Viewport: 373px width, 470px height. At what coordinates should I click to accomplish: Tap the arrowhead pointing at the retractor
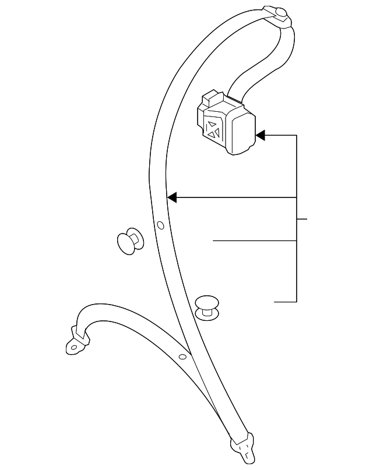261,135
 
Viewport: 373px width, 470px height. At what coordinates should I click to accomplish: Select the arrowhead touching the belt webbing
172,198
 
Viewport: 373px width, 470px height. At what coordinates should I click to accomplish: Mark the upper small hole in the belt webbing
161,225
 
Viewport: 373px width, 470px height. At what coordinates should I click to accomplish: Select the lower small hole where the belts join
182,356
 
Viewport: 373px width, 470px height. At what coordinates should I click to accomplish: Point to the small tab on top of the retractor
209,96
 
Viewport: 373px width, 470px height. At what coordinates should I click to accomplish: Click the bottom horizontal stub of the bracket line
286,302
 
